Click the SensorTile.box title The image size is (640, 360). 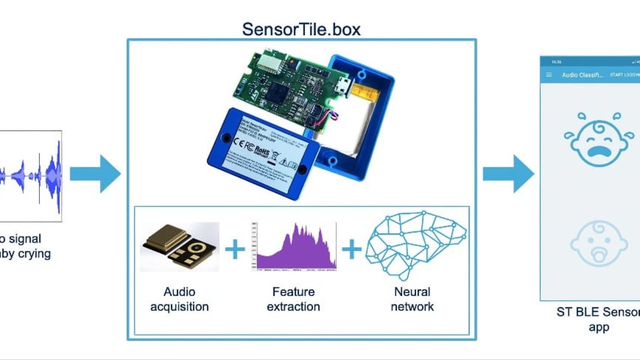coord(301,29)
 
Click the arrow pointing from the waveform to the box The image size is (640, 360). coord(95,174)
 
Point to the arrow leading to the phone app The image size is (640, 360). coord(508,174)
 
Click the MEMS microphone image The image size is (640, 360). coord(180,247)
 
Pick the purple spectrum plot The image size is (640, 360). coord(294,247)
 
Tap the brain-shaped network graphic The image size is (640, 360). coord(415,245)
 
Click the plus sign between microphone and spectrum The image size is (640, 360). coord(235,249)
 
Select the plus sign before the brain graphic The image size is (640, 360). coord(352,249)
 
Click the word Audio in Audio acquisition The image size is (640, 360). coord(179,292)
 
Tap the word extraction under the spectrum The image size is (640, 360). coord(293,307)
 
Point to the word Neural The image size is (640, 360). coord(412,292)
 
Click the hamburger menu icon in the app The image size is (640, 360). coord(549,75)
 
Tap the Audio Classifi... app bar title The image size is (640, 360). coord(582,75)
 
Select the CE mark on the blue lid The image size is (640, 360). coord(239,142)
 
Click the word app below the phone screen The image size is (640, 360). coord(599,327)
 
